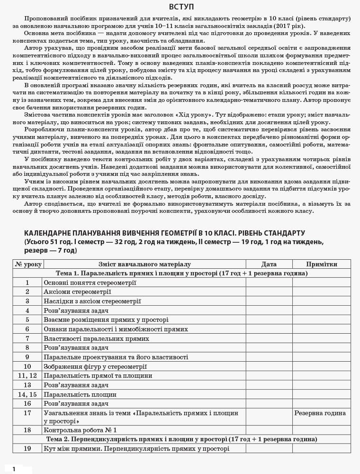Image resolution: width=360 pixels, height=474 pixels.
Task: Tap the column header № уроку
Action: [27, 264]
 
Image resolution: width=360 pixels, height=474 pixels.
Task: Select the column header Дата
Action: [269, 264]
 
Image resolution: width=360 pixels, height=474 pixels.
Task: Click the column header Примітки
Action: [321, 264]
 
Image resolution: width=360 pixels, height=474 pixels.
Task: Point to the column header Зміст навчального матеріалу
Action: [144, 264]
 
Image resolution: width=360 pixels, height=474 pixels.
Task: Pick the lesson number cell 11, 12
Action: [27, 375]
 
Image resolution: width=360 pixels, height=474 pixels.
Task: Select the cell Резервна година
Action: [320, 413]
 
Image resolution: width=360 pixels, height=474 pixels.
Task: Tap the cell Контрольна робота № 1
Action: [80, 430]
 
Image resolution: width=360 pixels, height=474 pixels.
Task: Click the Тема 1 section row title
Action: [181, 273]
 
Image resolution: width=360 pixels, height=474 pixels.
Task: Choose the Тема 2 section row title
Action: [181, 439]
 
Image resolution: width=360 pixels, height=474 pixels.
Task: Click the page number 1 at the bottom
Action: [14, 469]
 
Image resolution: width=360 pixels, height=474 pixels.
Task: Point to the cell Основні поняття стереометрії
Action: [90, 283]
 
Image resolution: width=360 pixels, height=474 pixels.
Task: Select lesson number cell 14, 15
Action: [27, 394]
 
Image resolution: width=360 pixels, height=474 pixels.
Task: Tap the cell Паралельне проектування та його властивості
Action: [116, 357]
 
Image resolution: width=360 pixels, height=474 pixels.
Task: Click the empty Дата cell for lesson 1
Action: [269, 283]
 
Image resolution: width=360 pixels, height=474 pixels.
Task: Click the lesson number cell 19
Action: [27, 448]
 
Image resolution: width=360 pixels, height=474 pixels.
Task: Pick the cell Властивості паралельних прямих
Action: [96, 338]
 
